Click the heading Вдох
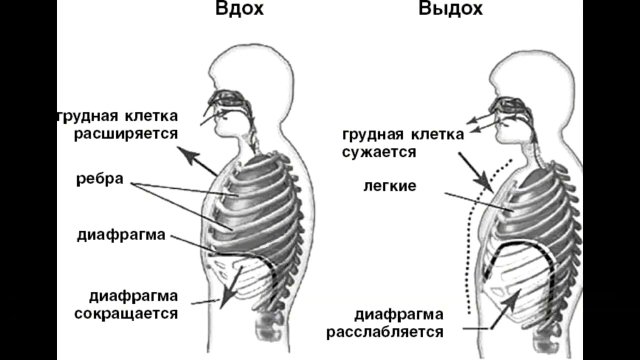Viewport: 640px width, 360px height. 239,9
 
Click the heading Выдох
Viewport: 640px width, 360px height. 450,9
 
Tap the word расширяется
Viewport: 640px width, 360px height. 126,134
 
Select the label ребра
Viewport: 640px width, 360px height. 100,179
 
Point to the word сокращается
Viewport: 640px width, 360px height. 126,313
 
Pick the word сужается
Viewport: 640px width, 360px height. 379,151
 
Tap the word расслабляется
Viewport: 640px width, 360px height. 385,332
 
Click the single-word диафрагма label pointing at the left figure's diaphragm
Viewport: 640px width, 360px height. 121,234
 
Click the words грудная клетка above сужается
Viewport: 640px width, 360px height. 403,134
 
